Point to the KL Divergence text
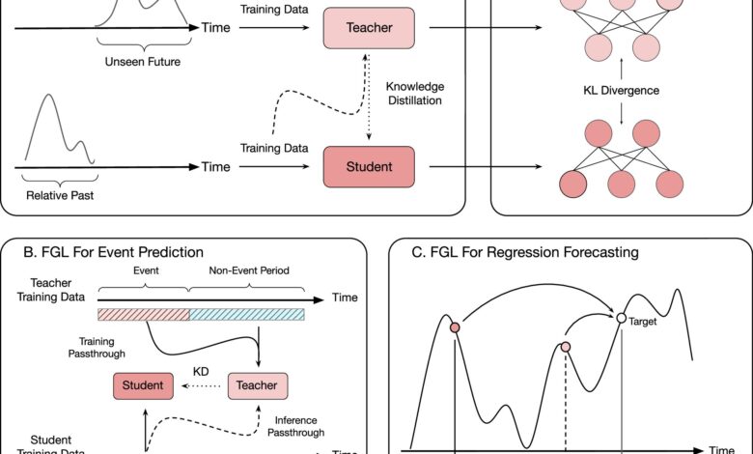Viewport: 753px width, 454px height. click(621, 91)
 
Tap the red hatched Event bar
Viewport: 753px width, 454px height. click(144, 314)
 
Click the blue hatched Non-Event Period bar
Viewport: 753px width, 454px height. click(246, 314)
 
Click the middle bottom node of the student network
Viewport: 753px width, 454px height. click(621, 181)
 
